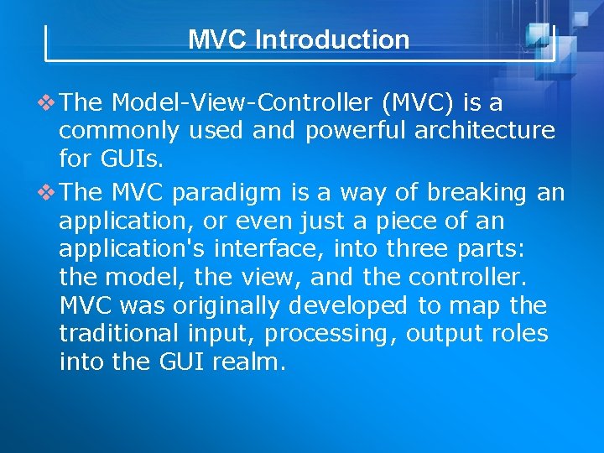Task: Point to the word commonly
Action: [119, 131]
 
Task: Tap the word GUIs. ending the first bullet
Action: [90, 158]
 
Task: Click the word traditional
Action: [119, 334]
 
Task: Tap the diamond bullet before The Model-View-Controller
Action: [49, 104]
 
